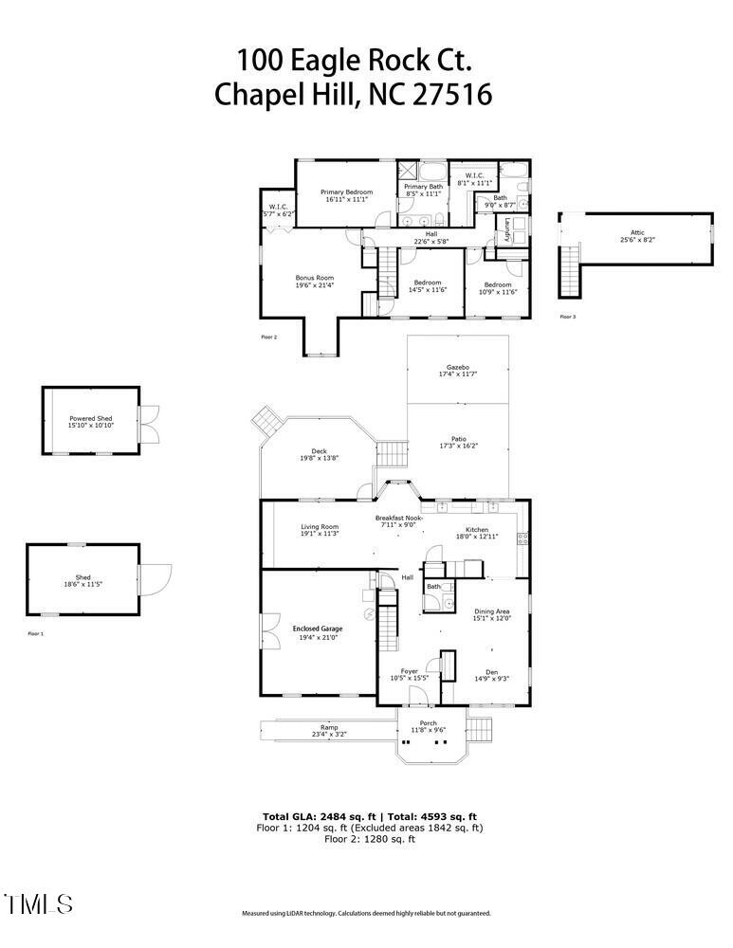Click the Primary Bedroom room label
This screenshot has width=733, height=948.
pos(346,192)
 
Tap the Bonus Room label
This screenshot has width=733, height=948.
pos(314,279)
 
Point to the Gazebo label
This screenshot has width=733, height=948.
pos(458,367)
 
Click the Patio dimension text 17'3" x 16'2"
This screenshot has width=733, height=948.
pos(458,446)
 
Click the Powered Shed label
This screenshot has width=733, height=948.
pos(91,417)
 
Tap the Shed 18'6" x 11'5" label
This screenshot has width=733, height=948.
pos(83,583)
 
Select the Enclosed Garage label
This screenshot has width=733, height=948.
pos(318,628)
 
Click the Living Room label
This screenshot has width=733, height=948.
pos(320,526)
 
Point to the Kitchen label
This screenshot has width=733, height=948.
pos(477,529)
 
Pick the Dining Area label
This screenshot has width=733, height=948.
pos(491,611)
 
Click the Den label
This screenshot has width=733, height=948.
pos(491,672)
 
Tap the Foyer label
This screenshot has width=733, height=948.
pos(410,671)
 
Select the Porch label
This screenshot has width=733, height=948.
pos(428,723)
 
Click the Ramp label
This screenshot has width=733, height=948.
pos(329,727)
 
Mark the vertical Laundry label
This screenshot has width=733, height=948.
pos(507,228)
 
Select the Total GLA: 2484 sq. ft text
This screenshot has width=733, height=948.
pos(321,816)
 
